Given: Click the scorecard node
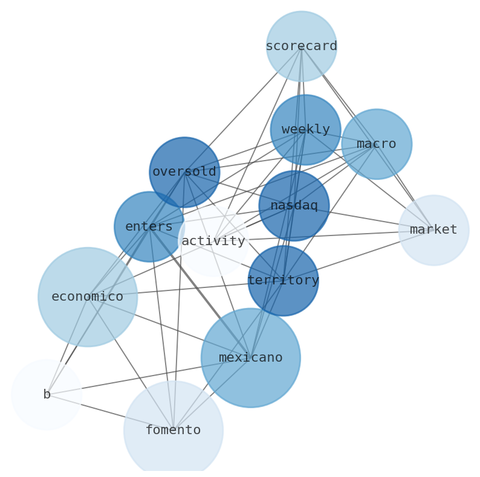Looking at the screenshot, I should pos(301,46).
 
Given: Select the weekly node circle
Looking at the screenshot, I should pos(305,129).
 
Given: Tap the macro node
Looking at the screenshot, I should pos(376,144).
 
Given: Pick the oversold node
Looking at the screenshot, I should pos(184,172).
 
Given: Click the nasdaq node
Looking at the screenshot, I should pos(294,205).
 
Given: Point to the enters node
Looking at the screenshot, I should pos(149,226).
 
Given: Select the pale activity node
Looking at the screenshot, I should pos(213,241).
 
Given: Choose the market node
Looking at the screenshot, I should pos(433,230).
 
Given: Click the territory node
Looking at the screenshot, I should pos(283,280).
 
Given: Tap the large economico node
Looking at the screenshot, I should pos(88,296).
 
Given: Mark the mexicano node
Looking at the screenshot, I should pos(250,357).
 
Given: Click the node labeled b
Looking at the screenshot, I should pos(47,395).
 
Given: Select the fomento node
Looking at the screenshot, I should pos(174,431).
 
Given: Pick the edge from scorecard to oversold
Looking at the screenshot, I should pos(242,109).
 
